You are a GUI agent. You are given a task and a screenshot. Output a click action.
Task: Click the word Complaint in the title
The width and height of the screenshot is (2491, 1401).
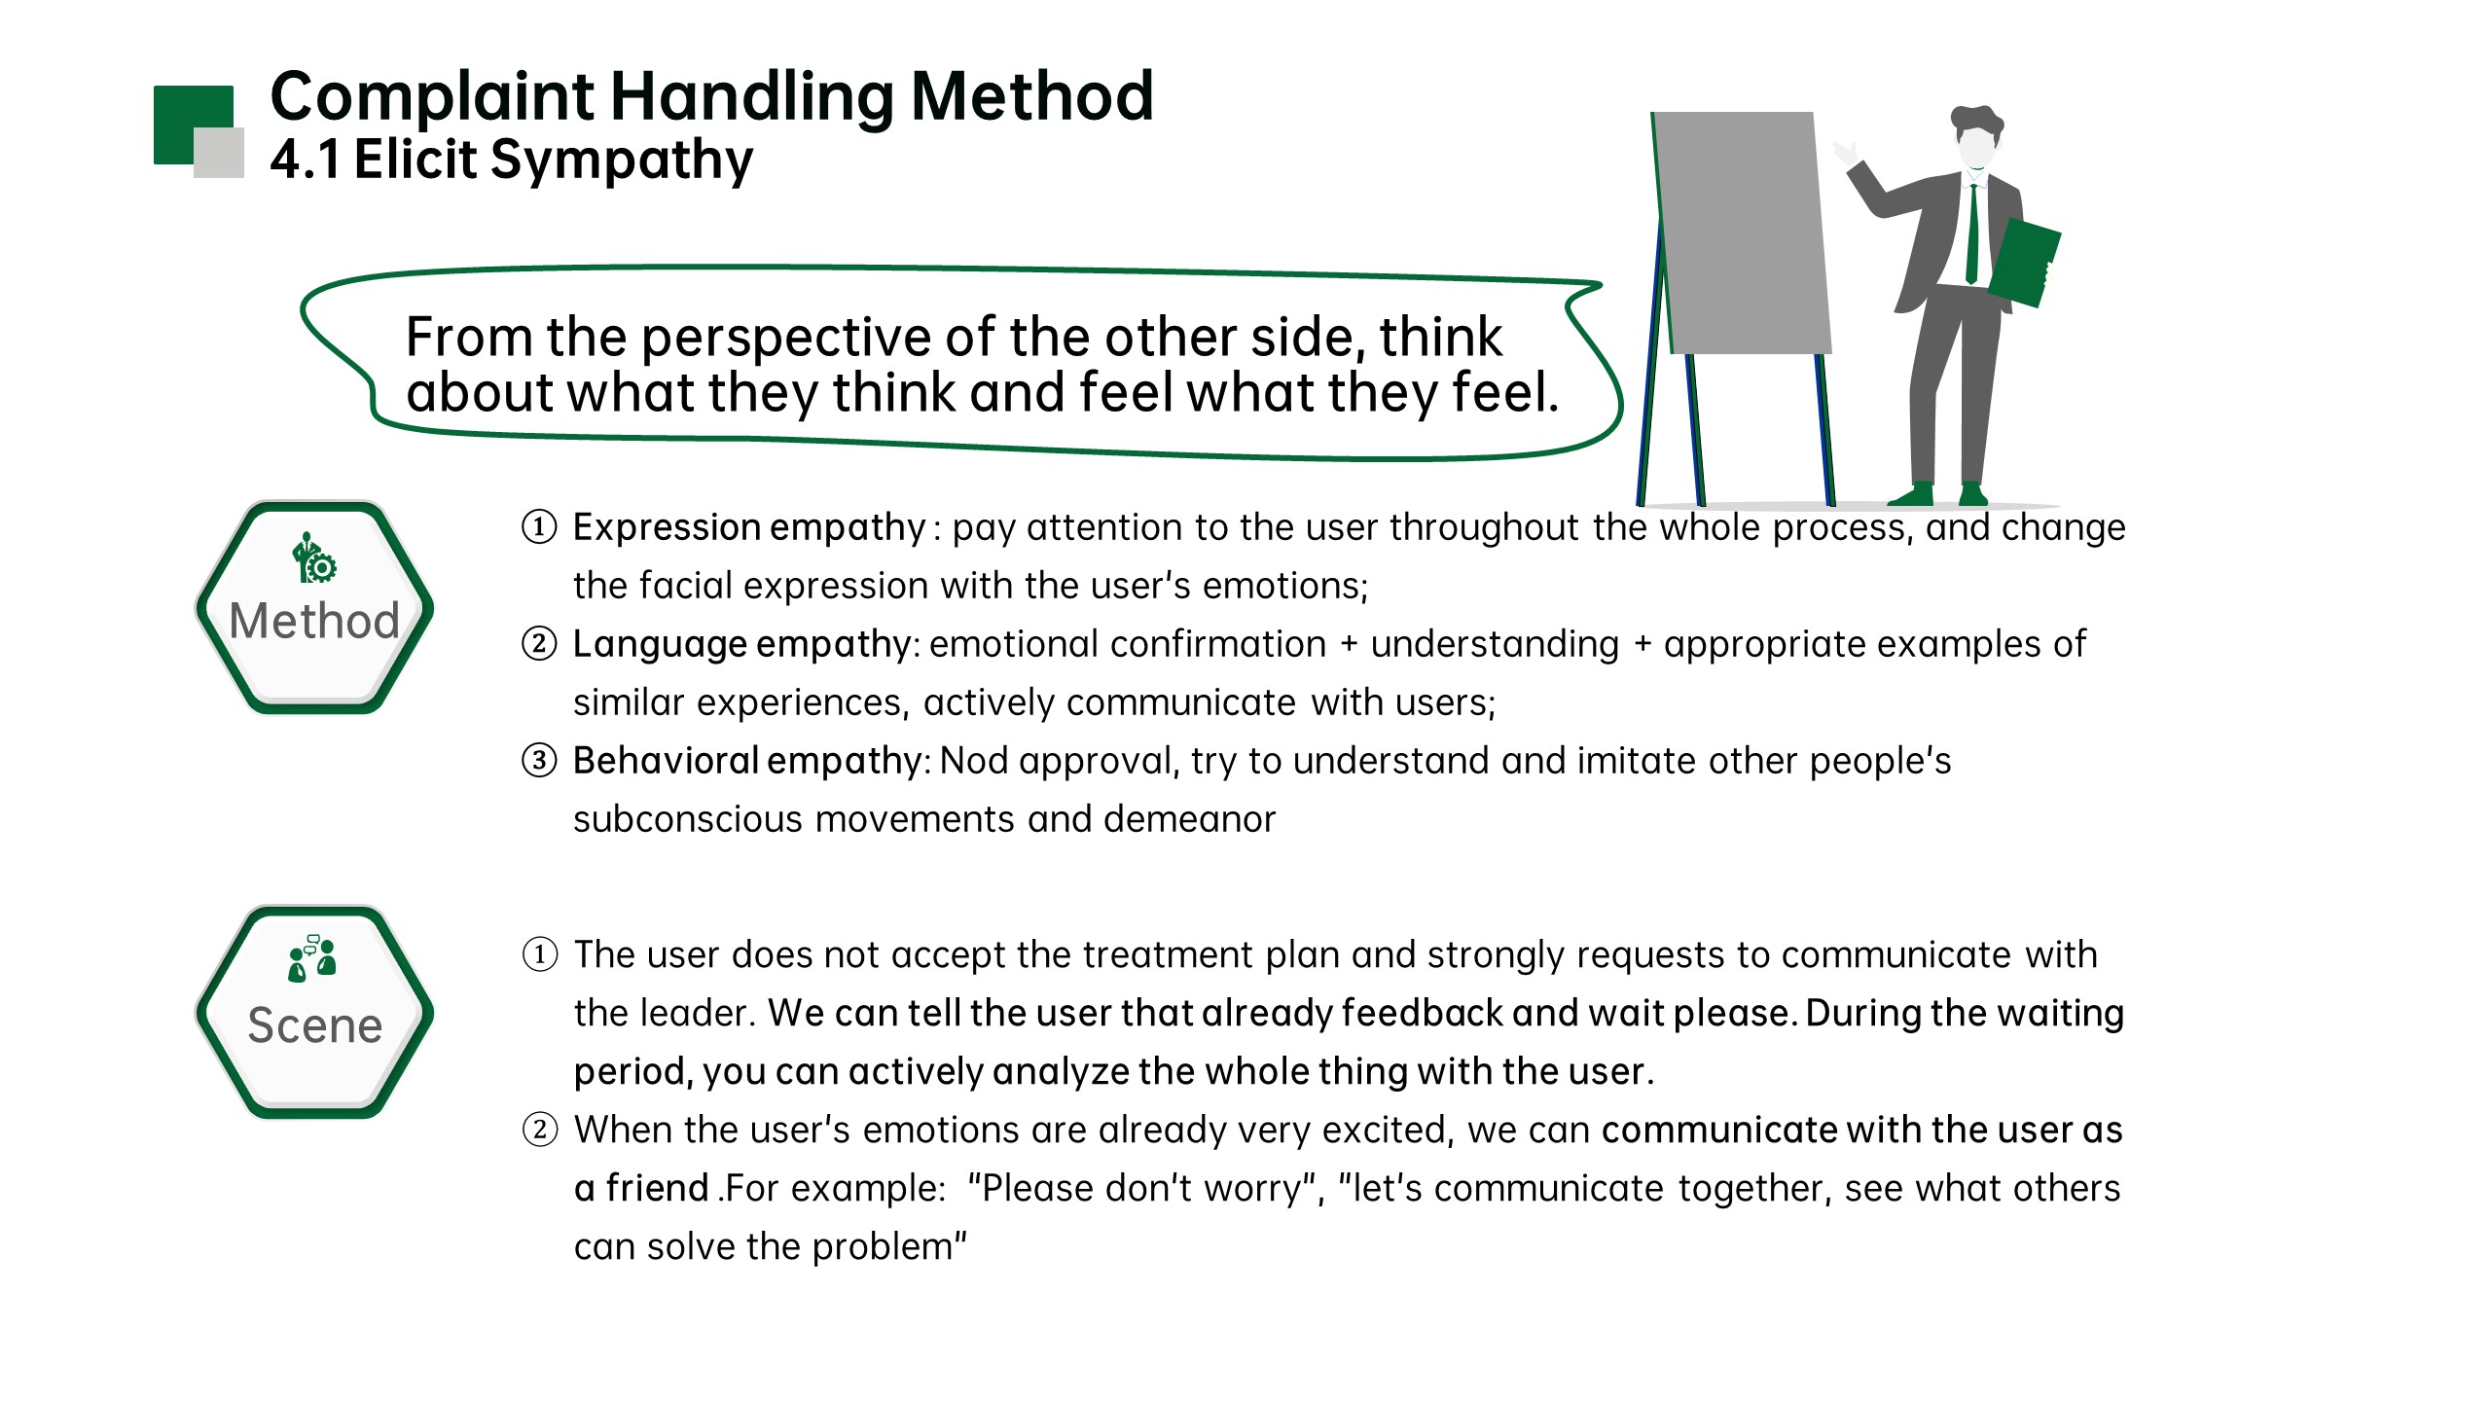point(432,98)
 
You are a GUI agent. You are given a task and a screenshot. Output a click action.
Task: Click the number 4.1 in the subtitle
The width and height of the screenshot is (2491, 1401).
point(305,160)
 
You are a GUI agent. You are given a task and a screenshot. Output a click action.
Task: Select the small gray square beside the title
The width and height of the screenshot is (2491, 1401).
point(219,153)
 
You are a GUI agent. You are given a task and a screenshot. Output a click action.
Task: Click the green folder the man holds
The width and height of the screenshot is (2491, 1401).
point(2024,263)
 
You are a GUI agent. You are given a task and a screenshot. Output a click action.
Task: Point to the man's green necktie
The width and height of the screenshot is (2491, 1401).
point(1971,233)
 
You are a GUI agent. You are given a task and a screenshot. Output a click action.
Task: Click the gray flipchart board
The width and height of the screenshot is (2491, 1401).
point(1742,233)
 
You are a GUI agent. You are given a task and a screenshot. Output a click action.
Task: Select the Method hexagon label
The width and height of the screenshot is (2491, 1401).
point(314,621)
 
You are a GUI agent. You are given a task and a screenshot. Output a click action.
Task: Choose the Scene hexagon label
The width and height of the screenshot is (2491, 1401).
point(314,1025)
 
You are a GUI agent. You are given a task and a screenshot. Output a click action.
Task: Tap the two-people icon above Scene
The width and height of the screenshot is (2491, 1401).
point(312,958)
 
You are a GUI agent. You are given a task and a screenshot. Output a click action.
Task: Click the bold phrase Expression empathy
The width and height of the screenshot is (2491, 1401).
point(749,528)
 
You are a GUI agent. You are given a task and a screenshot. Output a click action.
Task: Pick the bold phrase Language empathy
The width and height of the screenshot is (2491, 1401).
point(741,644)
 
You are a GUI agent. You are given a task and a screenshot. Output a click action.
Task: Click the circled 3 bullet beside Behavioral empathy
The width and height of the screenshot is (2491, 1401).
point(540,760)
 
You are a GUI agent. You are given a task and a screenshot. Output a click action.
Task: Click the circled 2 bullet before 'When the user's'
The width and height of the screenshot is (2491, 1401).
point(540,1130)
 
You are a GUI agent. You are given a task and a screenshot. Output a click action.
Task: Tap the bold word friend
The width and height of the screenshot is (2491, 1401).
point(657,1188)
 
